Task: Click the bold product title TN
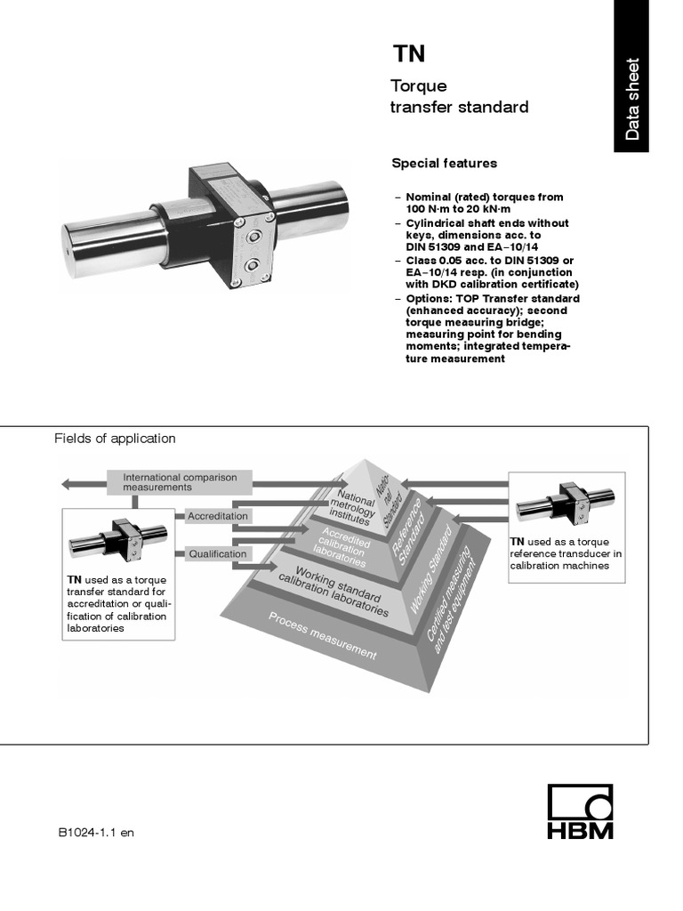click(410, 55)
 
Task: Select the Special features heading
click(444, 164)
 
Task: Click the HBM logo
click(580, 811)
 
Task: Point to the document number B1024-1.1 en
click(96, 833)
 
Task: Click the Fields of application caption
click(115, 439)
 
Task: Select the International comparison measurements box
click(180, 482)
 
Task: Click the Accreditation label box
click(218, 516)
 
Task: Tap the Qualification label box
click(217, 553)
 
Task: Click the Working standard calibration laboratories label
click(333, 590)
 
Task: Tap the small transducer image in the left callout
click(118, 541)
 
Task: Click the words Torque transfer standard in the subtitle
click(460, 97)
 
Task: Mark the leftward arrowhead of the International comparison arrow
click(67, 484)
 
